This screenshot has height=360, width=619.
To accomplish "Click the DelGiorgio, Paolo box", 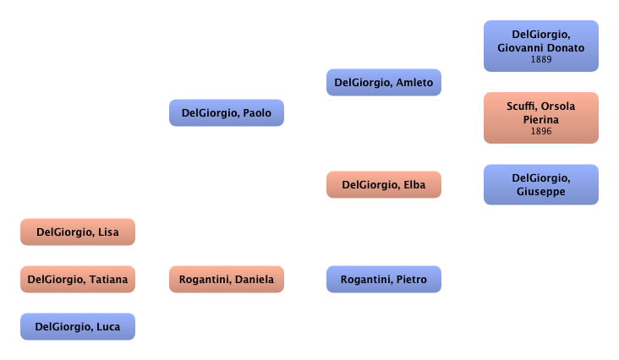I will tap(227, 113).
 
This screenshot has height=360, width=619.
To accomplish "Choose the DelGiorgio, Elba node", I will tap(383, 185).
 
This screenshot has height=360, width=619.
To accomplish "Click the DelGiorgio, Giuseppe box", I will tap(540, 185).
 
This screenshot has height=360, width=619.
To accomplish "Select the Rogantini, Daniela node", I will tap(227, 280).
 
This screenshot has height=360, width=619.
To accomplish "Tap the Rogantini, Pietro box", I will tap(383, 280).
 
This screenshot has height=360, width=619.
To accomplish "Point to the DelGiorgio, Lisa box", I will tap(77, 232).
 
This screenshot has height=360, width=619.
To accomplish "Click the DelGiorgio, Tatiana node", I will tap(77, 280).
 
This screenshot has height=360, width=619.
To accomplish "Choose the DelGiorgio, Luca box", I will tap(77, 327).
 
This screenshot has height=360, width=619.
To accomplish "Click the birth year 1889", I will tap(540, 60).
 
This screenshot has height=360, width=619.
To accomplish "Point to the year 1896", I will tap(540, 132).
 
